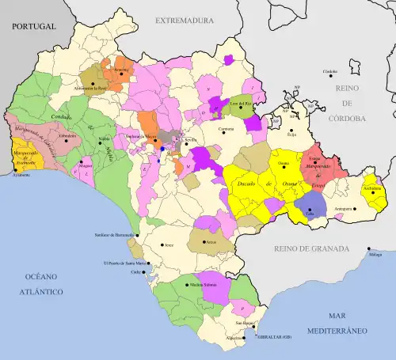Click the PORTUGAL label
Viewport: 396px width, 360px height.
pyautogui.click(x=33, y=26)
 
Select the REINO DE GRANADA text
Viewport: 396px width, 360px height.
pyautogui.click(x=310, y=248)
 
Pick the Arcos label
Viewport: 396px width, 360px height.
pyautogui.click(x=210, y=242)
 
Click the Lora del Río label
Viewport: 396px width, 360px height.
pyautogui.click(x=239, y=103)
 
